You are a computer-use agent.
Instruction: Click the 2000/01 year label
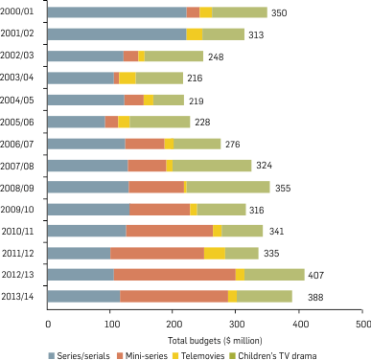click(x=19, y=12)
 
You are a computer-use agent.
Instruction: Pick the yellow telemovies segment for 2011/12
click(x=215, y=253)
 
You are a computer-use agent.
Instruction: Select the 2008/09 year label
click(x=19, y=187)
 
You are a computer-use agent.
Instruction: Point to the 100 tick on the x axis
click(x=110, y=325)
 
